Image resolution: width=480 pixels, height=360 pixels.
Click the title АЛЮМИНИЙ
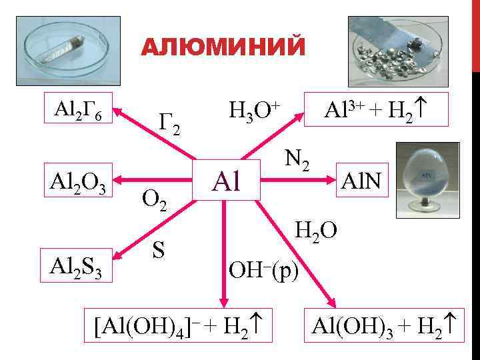point(224,49)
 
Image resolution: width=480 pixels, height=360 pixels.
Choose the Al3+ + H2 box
point(375,108)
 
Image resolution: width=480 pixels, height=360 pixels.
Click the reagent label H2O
point(316,230)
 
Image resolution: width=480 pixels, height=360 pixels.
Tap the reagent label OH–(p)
point(264,269)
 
